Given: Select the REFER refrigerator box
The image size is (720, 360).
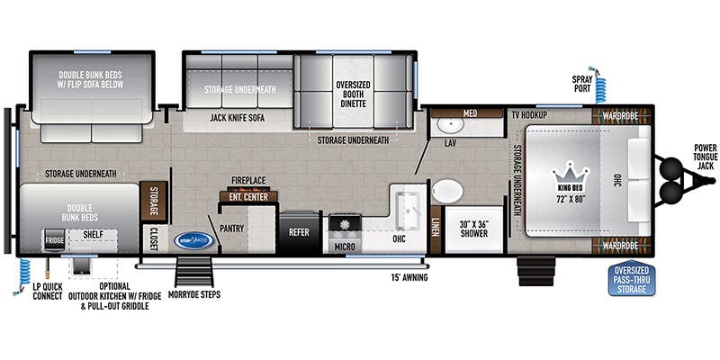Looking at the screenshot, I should coord(299,230).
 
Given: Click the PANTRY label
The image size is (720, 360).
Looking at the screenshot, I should coord(231,229).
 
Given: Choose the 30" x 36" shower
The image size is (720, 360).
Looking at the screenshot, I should coord(473,229).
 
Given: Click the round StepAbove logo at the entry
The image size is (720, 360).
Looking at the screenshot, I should coord(195,239).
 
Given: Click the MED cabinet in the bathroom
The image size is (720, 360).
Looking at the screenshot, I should coord(470,113).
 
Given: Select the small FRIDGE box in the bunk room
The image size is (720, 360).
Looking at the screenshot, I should coord(55,241).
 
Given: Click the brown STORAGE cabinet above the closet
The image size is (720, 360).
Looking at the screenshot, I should coord(153,202).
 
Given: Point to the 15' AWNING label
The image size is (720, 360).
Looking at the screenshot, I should coord(409,276).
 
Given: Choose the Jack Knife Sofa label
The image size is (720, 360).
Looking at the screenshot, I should coord(238,117).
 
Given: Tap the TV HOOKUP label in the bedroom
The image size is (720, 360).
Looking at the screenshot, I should coord(530,116).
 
